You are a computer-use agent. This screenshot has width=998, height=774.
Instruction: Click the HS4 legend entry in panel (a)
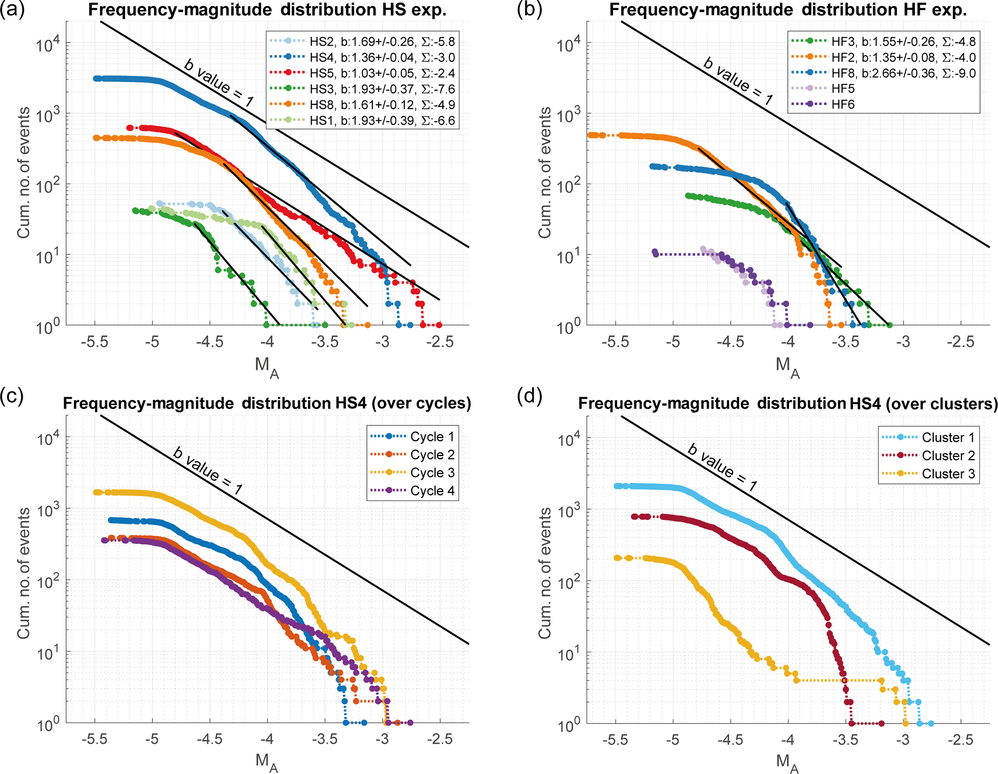coord(362,57)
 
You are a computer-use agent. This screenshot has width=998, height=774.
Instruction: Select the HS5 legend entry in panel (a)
coord(362,73)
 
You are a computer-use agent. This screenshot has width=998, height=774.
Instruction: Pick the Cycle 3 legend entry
coord(413,473)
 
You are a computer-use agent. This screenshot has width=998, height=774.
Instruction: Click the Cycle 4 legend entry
coord(413,491)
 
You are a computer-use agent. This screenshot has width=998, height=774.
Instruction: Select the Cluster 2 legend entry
coord(929,456)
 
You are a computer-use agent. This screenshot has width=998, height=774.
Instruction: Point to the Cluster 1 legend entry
coord(929,437)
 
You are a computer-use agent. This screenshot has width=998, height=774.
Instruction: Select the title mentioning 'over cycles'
coord(267,403)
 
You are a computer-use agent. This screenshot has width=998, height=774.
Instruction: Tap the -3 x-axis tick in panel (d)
coord(902,740)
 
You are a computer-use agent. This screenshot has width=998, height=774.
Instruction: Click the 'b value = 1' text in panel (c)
coord(208,471)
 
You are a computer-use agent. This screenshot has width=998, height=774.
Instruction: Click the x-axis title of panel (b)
coord(788,367)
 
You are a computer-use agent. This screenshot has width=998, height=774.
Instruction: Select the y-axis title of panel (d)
coord(545,573)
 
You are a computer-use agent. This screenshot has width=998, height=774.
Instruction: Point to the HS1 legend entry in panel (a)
coord(362,120)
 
